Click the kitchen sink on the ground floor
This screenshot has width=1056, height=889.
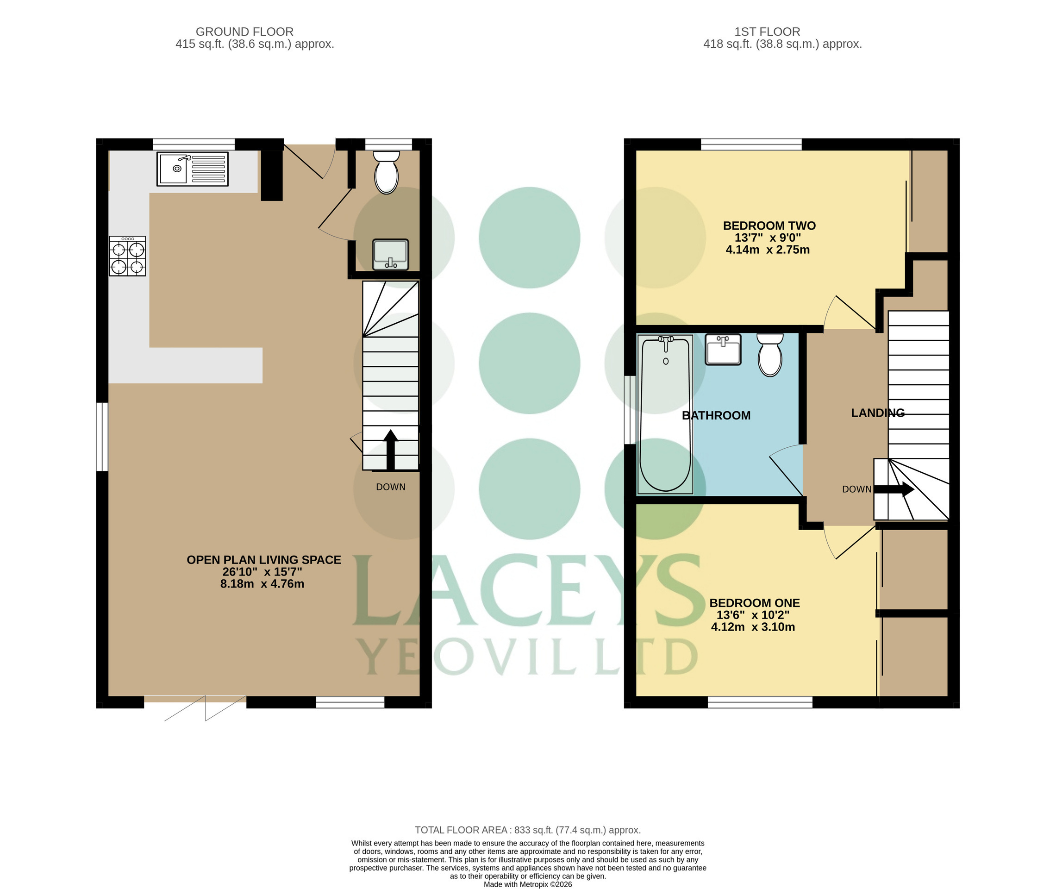(192, 169)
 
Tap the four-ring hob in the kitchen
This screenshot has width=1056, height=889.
(127, 256)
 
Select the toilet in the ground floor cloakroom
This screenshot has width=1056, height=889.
(387, 172)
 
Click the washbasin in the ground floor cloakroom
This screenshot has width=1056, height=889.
(390, 255)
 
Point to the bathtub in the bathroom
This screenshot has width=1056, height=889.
(666, 414)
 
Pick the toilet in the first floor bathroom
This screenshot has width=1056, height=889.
(770, 354)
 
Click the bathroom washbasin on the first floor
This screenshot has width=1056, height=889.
(724, 349)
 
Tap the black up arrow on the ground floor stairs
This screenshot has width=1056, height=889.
(390, 450)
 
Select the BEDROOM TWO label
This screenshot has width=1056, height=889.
(769, 226)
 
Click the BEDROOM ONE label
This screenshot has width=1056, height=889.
(755, 603)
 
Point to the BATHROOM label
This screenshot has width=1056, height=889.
(716, 415)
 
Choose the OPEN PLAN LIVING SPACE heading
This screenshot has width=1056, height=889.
(264, 560)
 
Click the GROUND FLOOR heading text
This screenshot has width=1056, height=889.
(244, 32)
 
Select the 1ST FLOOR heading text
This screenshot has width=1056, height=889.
(767, 32)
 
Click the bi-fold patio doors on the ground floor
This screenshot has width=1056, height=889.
(195, 707)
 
